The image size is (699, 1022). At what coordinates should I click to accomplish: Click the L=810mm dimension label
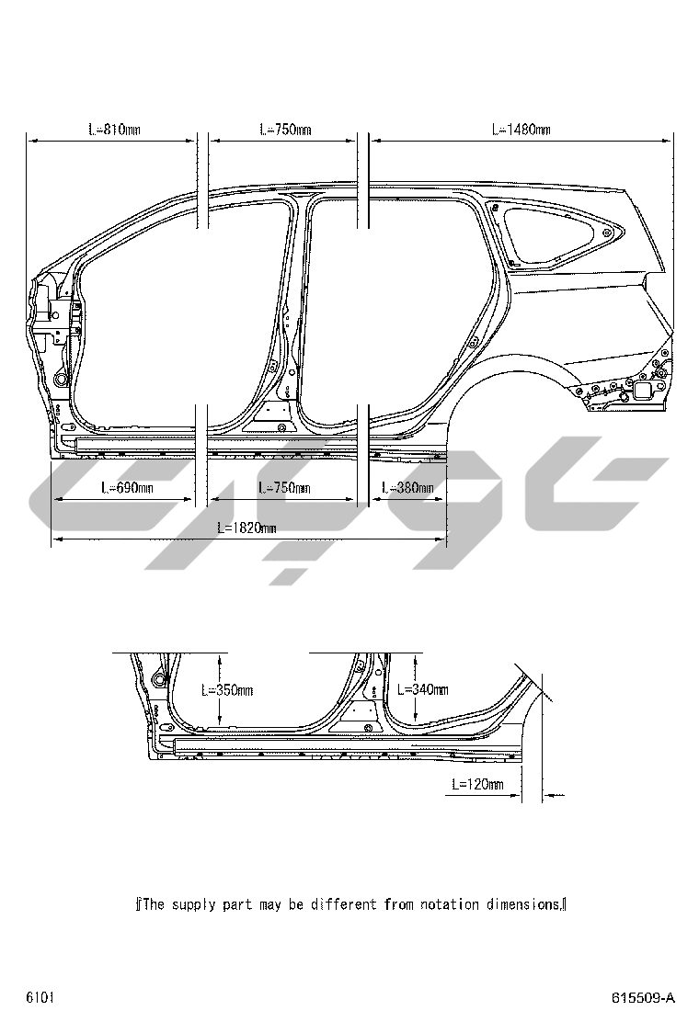pyautogui.click(x=115, y=129)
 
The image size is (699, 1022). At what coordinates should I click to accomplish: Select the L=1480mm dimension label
pyautogui.click(x=521, y=129)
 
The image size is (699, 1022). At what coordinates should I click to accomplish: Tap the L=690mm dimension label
pyautogui.click(x=127, y=487)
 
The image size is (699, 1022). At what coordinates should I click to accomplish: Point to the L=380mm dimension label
pyautogui.click(x=407, y=487)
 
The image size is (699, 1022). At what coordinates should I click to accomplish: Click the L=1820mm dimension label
pyautogui.click(x=246, y=528)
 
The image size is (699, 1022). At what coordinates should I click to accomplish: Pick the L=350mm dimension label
pyautogui.click(x=227, y=689)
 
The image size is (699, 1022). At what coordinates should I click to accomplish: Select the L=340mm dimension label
pyautogui.click(x=422, y=689)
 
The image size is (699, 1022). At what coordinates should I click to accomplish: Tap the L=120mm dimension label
pyautogui.click(x=478, y=784)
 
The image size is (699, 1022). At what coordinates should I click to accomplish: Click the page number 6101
pyautogui.click(x=40, y=997)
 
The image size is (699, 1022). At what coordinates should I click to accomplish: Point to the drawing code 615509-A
pyautogui.click(x=643, y=998)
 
